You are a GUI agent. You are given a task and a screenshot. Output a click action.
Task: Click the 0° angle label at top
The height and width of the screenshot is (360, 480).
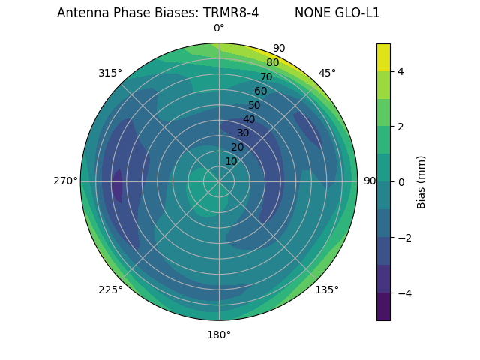pos(219,28)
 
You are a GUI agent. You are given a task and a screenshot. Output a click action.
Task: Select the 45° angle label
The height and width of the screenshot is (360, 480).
pos(327,73)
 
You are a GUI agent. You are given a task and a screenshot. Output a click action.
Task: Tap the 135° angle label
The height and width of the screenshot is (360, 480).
pos(327,289)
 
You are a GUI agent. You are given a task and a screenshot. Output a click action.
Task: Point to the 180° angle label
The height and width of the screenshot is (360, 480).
pos(219,334)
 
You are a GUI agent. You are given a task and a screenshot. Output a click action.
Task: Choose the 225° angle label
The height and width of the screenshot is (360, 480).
pos(110,289)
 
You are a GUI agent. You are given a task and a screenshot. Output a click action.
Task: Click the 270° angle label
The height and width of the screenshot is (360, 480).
pos(65,181)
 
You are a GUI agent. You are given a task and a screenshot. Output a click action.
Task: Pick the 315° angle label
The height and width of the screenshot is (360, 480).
pos(110,73)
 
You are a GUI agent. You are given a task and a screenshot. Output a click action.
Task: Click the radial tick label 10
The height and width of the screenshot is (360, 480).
pos(231,161)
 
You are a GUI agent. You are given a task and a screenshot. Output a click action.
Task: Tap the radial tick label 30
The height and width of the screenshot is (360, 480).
pos(243,133)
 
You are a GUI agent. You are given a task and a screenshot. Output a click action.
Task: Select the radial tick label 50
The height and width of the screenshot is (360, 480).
pos(255,105)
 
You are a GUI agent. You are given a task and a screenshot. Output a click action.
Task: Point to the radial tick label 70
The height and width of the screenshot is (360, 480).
pos(266,76)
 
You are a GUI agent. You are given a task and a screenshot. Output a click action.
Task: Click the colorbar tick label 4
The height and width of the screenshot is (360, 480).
pos(400,71)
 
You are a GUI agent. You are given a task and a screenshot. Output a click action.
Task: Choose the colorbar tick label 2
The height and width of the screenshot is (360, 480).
pos(400,127)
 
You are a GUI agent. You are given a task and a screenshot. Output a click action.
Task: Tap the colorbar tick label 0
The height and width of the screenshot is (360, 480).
pos(400,182)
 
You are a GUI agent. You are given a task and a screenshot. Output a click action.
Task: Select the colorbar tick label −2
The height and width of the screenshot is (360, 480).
pos(403,238)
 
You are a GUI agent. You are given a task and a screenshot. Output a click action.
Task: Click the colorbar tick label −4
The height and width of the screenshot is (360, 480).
pos(403,293)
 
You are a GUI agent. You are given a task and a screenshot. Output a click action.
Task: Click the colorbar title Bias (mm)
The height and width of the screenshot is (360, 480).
pos(421,182)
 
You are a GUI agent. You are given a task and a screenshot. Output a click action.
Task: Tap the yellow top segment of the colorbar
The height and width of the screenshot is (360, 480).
pos(383,57)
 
